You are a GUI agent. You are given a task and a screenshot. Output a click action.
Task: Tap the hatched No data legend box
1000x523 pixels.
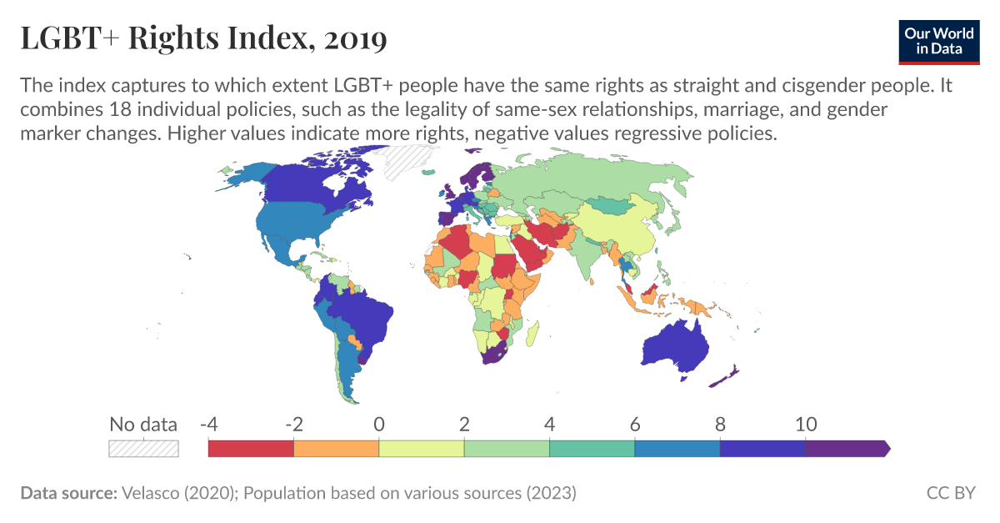(x=143, y=448)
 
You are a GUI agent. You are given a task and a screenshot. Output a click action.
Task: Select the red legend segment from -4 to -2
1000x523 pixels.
(x=251, y=449)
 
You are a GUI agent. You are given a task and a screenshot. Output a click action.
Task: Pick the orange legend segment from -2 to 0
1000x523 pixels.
(x=336, y=449)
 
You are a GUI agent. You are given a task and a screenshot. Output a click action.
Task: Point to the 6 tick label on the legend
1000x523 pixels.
(x=635, y=424)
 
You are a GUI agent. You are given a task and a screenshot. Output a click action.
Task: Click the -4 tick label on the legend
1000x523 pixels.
(x=208, y=424)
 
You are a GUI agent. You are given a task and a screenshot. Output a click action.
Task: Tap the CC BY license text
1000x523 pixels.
(x=950, y=493)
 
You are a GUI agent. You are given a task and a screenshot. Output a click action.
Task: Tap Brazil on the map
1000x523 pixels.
(x=363, y=312)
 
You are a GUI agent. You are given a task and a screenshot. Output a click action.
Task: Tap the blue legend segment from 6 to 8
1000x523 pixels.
(x=677, y=449)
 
